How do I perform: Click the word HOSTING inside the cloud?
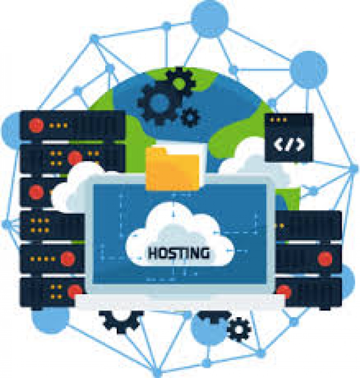click(x=178, y=253)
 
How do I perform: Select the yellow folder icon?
click(x=172, y=168)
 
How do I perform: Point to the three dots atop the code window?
click(x=278, y=120)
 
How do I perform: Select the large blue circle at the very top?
click(x=209, y=18)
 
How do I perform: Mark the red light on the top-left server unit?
click(x=36, y=125)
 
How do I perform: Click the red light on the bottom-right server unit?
click(x=284, y=291)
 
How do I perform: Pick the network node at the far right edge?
click(x=354, y=169)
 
